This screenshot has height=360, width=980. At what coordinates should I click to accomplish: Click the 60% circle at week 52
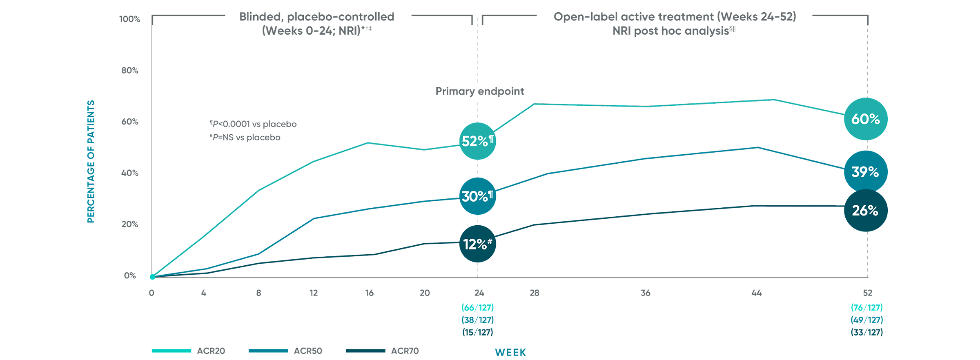coord(866,119)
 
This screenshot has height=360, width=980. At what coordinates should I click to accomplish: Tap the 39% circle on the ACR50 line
coord(865,172)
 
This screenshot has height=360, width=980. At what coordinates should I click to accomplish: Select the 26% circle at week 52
coord(865,211)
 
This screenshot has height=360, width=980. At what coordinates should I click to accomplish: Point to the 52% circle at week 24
coord(477,141)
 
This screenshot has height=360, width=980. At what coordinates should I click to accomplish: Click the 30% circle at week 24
coord(477,196)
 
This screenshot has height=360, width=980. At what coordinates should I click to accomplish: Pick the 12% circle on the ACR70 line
coord(477,244)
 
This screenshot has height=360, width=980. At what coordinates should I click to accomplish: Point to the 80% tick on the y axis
coord(130,71)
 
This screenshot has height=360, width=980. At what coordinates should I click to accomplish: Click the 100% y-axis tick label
coord(130,19)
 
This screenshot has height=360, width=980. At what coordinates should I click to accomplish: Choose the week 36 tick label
coord(645,293)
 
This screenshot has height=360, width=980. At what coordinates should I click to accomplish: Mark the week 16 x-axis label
coord(369,293)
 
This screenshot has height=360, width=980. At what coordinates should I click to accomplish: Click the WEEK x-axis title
coord(510,353)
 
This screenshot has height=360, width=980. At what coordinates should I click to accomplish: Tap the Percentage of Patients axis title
coord(91,162)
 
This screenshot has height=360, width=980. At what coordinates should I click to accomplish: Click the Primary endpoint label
coord(480,91)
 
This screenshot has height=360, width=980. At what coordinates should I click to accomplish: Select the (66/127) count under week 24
coord(478,307)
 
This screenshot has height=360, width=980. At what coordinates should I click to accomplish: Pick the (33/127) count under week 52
coord(867,333)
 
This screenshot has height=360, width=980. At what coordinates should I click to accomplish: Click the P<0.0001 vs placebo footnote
coord(253,124)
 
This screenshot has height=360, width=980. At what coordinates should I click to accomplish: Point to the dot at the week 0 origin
coord(152,277)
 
